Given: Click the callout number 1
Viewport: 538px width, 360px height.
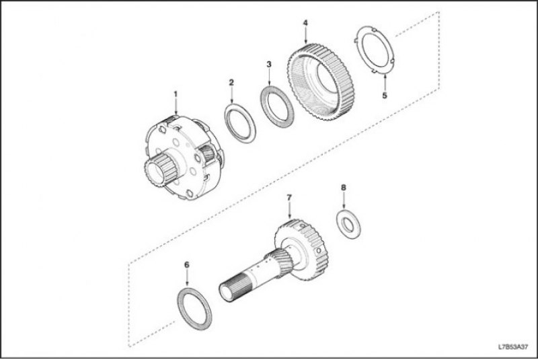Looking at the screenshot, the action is point(176,94).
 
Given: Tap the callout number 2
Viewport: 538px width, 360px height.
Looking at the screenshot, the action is point(231,82).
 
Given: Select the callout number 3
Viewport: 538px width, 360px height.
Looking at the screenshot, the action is point(268,64).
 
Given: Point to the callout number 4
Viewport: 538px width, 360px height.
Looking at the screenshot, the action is point(305,23).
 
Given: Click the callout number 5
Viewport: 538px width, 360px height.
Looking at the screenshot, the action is point(385,96).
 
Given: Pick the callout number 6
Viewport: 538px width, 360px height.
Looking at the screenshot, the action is point(187,264).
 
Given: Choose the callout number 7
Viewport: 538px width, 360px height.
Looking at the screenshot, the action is point(289,198).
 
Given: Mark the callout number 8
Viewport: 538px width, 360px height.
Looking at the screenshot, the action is point(344,187).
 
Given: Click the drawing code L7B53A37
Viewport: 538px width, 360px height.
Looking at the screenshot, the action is point(513,347).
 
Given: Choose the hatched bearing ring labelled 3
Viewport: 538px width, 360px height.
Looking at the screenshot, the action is point(265,107).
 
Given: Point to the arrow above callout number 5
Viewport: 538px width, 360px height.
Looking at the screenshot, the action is point(385,82).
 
